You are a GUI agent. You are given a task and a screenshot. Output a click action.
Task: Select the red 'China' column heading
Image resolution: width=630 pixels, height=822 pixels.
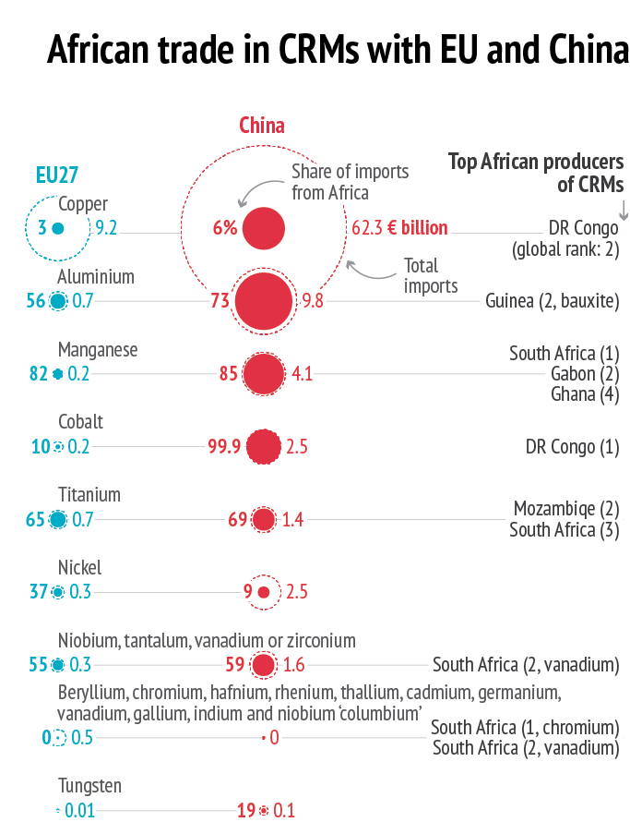pyautogui.click(x=262, y=126)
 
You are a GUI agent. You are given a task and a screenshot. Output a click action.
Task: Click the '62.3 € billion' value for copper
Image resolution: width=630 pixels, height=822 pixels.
pyautogui.click(x=399, y=227)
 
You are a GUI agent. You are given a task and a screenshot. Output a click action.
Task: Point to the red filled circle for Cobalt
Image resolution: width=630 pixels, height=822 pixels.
pyautogui.click(x=264, y=447)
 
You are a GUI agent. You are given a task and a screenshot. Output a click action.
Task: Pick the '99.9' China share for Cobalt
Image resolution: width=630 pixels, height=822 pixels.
pyautogui.click(x=224, y=447)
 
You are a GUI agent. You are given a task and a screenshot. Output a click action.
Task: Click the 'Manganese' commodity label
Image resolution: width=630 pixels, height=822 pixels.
pyautogui.click(x=98, y=350)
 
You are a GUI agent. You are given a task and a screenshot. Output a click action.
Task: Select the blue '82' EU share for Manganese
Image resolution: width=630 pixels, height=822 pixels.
pyautogui.click(x=39, y=374)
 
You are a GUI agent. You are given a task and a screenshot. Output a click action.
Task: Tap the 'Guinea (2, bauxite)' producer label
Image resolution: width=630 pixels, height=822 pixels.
pyautogui.click(x=552, y=300)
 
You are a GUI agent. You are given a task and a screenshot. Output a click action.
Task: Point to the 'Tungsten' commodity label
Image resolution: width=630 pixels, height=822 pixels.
pyautogui.click(x=89, y=787)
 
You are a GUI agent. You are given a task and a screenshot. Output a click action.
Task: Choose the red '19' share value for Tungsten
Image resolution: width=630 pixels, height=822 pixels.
pyautogui.click(x=246, y=811)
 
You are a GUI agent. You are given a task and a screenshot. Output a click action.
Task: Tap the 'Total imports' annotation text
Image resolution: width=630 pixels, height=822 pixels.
pyautogui.click(x=430, y=275)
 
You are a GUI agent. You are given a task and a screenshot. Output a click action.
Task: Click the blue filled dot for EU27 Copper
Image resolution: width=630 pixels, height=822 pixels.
pyautogui.click(x=57, y=228)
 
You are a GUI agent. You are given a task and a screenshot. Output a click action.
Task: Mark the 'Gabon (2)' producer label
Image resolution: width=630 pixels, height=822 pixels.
pyautogui.click(x=585, y=373)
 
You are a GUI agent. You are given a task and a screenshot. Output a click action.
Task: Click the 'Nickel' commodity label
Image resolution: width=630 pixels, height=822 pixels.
pyautogui.click(x=79, y=567)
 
